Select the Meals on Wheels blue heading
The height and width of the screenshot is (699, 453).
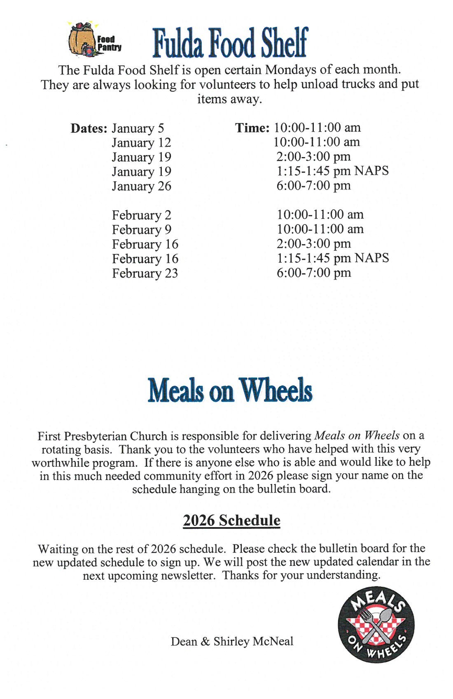click(230, 390)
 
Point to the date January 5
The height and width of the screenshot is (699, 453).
click(138, 128)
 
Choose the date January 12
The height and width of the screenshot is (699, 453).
click(141, 143)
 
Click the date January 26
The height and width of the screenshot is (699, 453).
click(141, 186)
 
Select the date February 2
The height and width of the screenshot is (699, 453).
click(141, 215)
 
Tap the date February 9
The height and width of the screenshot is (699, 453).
click(141, 229)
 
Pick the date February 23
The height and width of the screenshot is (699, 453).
click(145, 273)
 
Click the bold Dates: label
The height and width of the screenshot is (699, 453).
click(89, 128)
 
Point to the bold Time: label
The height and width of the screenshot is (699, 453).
click(252, 128)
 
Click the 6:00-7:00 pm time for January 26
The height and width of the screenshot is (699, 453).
click(313, 185)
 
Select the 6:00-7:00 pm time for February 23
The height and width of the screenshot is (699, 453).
click(314, 273)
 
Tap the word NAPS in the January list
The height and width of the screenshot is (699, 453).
click(371, 171)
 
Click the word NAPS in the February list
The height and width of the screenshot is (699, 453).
click(372, 258)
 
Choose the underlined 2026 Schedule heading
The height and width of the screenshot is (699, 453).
click(231, 520)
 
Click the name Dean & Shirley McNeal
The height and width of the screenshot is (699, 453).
click(232, 641)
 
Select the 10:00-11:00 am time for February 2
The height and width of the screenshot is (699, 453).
click(320, 214)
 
